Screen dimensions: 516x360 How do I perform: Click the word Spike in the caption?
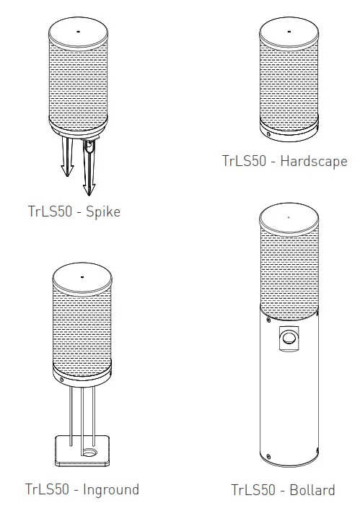point(102,212)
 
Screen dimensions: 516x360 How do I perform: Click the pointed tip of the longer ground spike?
point(89,193)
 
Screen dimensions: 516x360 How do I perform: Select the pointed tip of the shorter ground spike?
point(64,174)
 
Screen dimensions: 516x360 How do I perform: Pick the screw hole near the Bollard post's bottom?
point(268,457)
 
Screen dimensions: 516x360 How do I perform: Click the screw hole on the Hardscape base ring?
point(268,133)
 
